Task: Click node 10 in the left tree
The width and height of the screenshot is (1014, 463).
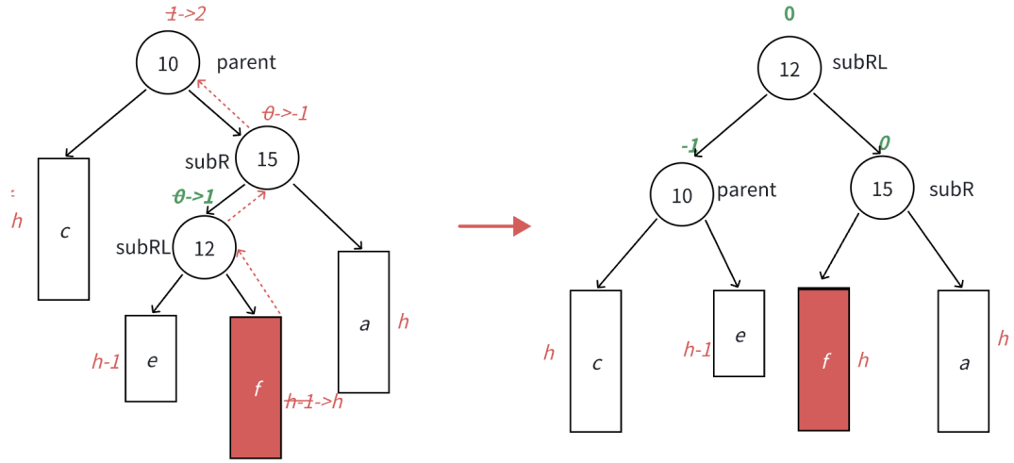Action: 168,63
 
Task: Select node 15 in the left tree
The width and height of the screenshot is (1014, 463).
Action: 267,158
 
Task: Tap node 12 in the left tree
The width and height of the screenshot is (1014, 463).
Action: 205,248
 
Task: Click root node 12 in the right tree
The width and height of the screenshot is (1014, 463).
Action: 790,69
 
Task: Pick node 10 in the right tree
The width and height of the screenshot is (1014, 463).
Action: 682,195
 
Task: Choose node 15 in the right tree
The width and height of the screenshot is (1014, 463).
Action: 882,189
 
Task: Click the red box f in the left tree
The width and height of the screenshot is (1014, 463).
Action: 256,388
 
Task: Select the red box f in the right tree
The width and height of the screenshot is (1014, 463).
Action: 823,359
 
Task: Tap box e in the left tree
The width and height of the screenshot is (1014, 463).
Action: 151,358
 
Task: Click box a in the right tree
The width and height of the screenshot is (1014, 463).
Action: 963,360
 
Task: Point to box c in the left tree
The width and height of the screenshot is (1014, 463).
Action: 63,229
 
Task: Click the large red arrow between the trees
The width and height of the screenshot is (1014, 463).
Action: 494,226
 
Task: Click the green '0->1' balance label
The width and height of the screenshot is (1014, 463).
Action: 194,196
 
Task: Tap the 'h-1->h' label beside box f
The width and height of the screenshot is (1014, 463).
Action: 314,403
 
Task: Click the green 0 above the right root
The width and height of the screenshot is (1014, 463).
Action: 790,14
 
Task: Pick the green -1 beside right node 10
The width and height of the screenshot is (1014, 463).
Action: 690,146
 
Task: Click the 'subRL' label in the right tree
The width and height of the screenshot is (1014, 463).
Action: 859,63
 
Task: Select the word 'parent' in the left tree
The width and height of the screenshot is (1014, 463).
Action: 246,62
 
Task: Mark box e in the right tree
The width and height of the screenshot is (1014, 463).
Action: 739,334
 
